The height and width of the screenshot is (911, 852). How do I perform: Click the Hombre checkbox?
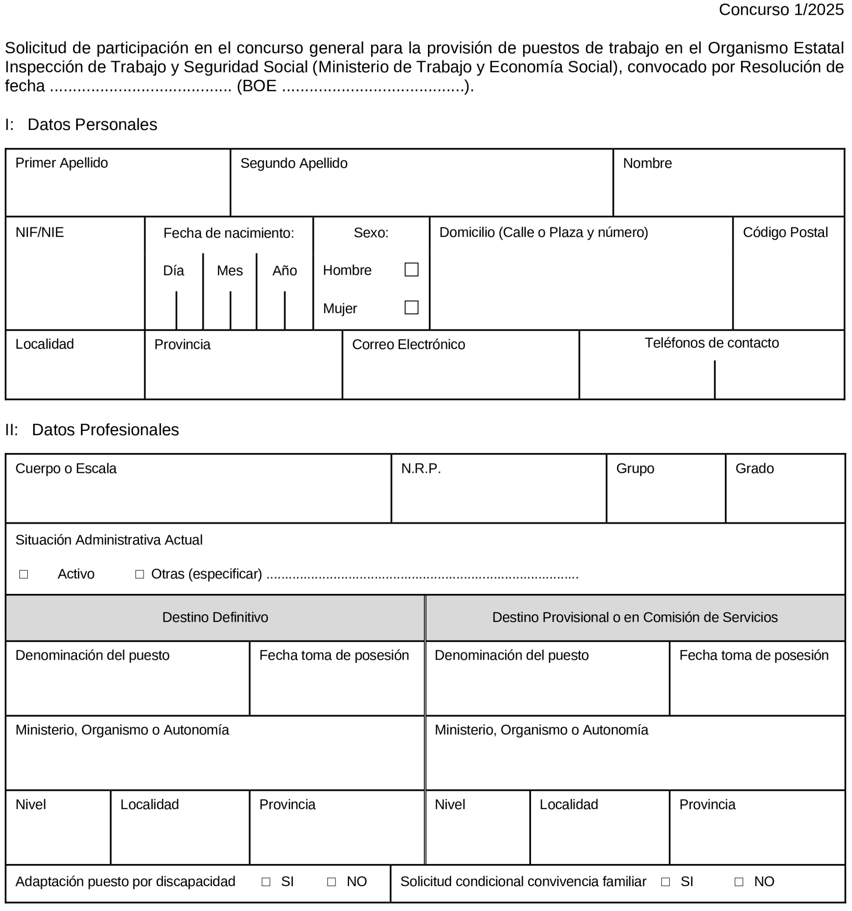point(412,269)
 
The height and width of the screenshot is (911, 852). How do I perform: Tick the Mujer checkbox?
point(412,307)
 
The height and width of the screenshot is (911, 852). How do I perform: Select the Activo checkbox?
point(24,574)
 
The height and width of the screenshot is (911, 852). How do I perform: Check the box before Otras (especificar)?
point(140,574)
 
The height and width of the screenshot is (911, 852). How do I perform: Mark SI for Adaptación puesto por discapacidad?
point(266,882)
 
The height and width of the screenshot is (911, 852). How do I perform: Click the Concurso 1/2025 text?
point(781,10)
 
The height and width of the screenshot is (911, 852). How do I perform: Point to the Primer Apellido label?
point(61,163)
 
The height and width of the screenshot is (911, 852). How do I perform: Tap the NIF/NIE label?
point(39,232)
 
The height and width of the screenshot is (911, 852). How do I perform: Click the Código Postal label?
point(785,232)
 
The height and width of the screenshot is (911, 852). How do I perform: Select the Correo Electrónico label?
point(408,344)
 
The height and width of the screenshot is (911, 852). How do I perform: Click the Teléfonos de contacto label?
point(712,343)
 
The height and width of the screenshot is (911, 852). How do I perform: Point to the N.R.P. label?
point(421,469)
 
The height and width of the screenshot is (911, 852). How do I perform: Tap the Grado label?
point(754,469)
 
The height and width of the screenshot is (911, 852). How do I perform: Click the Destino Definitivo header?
point(215,617)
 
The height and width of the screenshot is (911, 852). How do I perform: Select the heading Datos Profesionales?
point(105,430)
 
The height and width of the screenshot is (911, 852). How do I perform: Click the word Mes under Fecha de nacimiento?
point(230,271)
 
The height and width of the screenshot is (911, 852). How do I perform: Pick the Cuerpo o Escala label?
point(66,469)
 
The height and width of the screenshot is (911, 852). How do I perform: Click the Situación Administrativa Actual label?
point(109,540)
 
